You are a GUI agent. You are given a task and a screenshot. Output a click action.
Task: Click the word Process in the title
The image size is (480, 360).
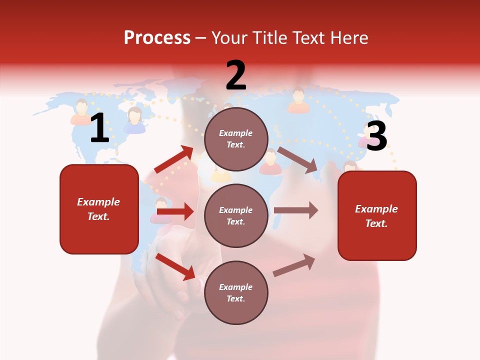157,38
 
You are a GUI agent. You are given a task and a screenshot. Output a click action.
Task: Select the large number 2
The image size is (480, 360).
236,75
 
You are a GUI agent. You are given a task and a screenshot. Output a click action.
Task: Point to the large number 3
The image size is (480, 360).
376,136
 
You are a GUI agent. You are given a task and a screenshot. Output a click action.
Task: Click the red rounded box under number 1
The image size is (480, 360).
99,209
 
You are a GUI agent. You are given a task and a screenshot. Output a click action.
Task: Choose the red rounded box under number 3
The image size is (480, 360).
377,215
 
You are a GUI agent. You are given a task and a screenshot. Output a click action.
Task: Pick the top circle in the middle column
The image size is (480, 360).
236,139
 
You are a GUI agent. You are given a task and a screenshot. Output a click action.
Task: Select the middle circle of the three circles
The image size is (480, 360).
236,215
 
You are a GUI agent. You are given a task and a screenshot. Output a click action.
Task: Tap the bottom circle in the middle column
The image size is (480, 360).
236,292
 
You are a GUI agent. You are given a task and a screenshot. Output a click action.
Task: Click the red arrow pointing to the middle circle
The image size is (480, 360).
175,212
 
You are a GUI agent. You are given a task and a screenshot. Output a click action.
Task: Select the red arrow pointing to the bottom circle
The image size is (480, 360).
175,266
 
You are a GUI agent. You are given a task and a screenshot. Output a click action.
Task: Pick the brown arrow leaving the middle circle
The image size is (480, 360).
296,210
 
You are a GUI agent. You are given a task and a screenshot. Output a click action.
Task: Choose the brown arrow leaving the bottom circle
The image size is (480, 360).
294,265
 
